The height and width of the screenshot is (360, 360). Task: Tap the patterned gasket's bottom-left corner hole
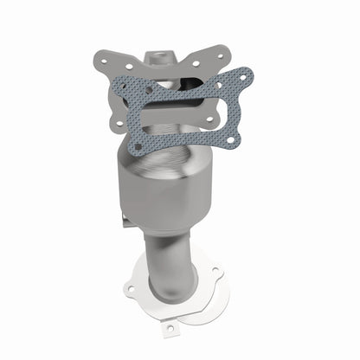(x=139, y=145)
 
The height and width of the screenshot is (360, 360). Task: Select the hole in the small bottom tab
(x=170, y=327)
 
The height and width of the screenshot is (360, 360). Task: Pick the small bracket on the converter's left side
(x=127, y=222)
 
